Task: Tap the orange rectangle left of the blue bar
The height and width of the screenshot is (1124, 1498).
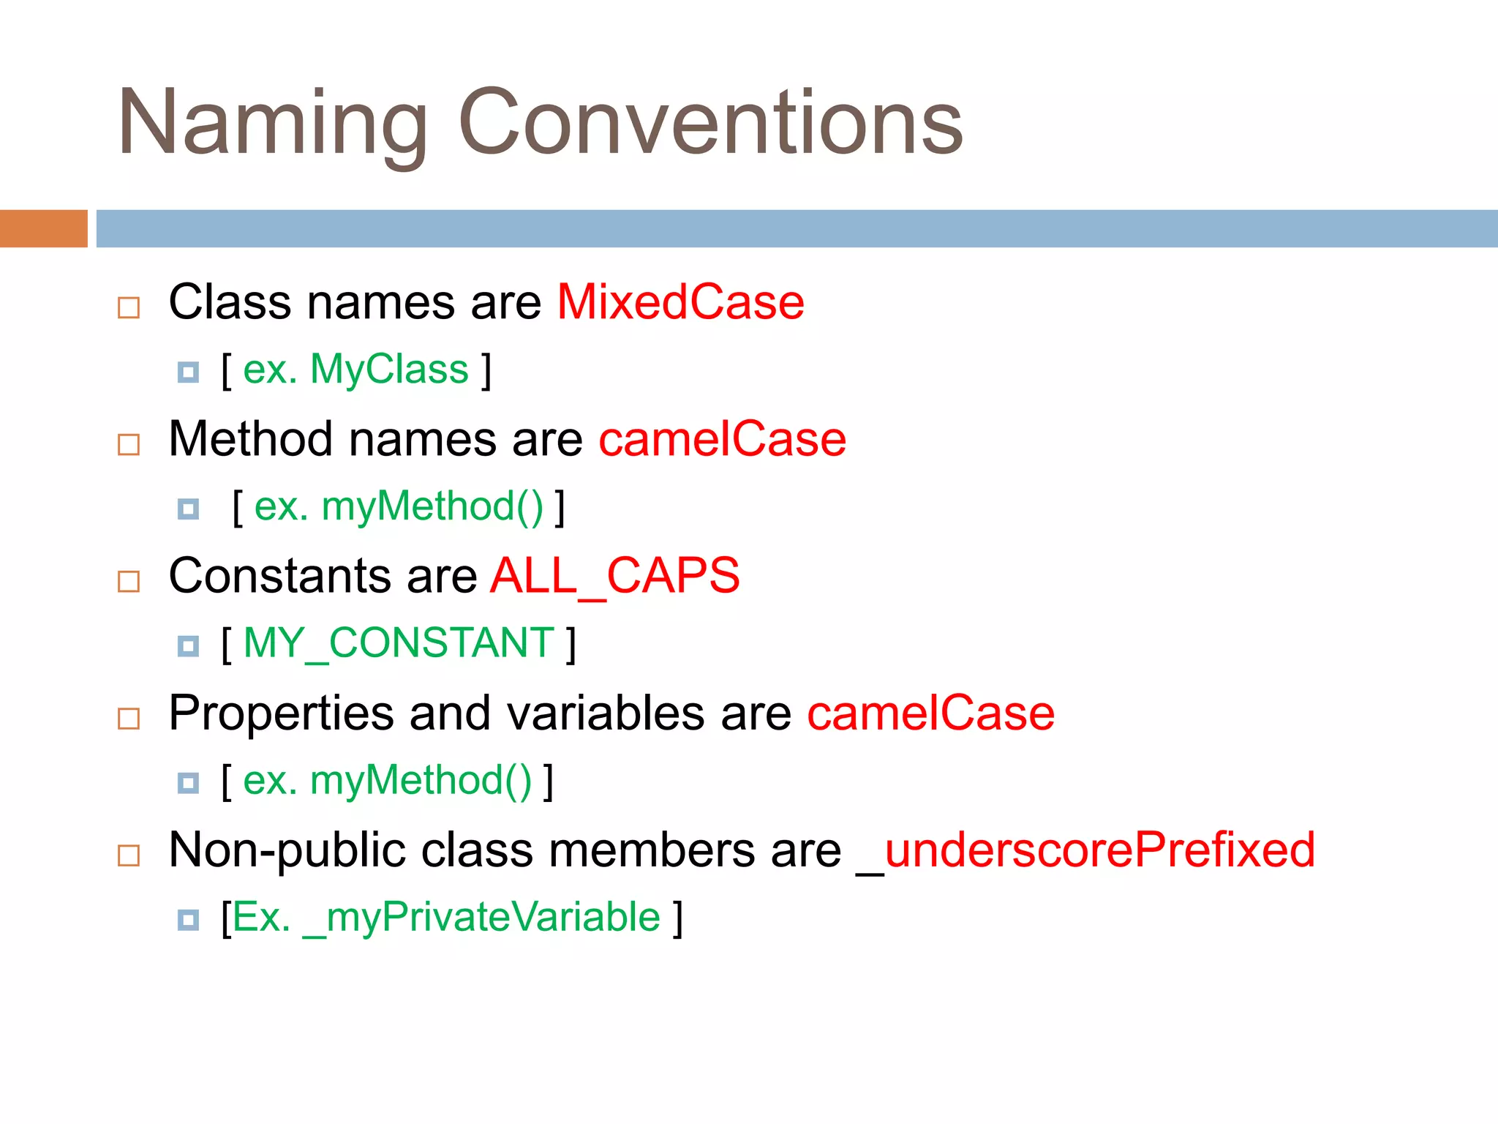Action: tap(44, 228)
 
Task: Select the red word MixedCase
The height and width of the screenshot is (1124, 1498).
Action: tap(680, 302)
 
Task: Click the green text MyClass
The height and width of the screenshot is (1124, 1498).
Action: tap(389, 370)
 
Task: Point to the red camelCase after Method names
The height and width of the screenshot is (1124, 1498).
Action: tap(722, 439)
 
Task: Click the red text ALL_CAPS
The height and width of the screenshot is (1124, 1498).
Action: tap(614, 576)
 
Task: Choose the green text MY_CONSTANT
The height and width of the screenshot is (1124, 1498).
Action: tap(399, 643)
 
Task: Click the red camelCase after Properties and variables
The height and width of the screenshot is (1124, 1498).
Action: tap(930, 713)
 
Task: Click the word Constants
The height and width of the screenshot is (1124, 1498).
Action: tap(280, 576)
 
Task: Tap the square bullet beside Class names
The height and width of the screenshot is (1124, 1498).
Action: tap(129, 307)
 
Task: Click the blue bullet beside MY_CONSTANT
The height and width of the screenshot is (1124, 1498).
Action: tap(188, 646)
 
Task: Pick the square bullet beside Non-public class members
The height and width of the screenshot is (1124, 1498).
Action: tap(129, 855)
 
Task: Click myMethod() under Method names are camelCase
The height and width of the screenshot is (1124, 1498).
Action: tap(432, 506)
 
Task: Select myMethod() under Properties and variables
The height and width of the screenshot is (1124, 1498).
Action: tap(421, 781)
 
